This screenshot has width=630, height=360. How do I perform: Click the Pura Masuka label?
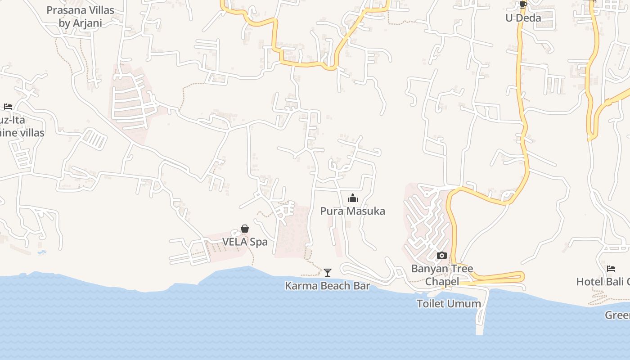tap(352, 211)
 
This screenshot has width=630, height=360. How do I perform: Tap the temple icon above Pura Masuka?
tap(352, 198)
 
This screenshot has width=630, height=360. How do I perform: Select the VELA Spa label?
tap(245, 242)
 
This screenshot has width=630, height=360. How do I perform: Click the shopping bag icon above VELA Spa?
tap(245, 229)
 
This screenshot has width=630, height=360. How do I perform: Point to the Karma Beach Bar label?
tap(327, 286)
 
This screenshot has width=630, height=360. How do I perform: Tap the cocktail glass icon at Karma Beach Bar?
tap(328, 272)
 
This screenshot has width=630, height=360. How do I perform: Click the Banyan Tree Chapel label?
tap(442, 275)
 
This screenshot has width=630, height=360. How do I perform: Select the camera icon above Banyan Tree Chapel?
tap(442, 256)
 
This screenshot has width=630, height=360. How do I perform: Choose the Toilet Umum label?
tap(449, 304)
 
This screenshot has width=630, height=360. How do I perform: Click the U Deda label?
tap(523, 18)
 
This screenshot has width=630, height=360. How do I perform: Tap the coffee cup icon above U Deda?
tap(523, 5)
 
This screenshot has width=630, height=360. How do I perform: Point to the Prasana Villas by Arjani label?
tap(80, 17)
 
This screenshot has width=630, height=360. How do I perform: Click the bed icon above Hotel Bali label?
tap(611, 269)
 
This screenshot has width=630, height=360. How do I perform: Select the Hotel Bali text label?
tap(603, 282)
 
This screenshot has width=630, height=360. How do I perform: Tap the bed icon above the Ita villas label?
tap(8, 107)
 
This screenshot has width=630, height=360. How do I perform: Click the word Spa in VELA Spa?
tap(258, 242)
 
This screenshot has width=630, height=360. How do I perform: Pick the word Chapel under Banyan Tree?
tap(442, 282)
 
